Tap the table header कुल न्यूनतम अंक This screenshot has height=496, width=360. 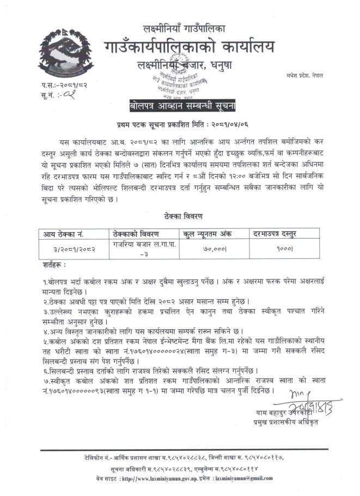click(x=207, y=233)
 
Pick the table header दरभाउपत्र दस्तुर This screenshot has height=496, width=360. click(x=279, y=233)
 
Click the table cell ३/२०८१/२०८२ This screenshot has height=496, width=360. click(x=74, y=249)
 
